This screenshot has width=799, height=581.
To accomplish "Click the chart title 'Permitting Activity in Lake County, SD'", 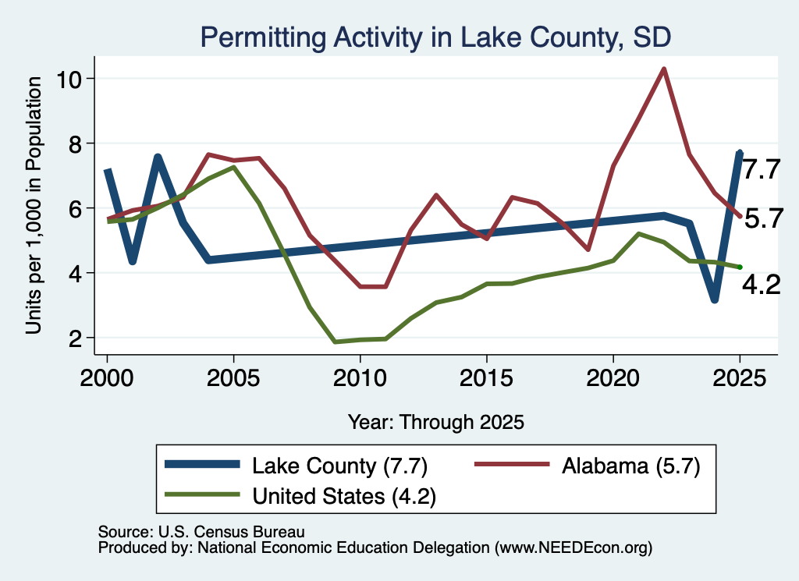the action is point(435,37).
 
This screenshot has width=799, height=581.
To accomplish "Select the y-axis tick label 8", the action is point(75,144).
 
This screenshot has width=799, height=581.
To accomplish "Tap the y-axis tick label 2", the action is point(75,338).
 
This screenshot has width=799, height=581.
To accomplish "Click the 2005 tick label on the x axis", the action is point(233,378).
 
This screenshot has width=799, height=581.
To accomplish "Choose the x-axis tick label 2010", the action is point(360,378).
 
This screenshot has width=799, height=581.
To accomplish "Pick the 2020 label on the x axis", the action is point(613,378).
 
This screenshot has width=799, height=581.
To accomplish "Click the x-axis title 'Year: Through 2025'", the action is point(436,422).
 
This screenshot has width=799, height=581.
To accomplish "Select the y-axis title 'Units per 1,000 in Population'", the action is point(34,205).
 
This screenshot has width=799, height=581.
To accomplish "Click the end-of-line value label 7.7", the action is point(762,169).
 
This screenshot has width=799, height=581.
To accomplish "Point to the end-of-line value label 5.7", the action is point(763,219).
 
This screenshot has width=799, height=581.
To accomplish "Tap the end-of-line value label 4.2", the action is point(762,285).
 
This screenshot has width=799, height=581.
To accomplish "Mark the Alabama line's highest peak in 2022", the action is point(663,69).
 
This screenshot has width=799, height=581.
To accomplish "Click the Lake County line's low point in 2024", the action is point(715,300).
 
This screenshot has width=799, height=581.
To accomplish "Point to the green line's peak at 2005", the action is point(233,167).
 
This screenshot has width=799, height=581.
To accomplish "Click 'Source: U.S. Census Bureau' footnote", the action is point(201,532).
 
